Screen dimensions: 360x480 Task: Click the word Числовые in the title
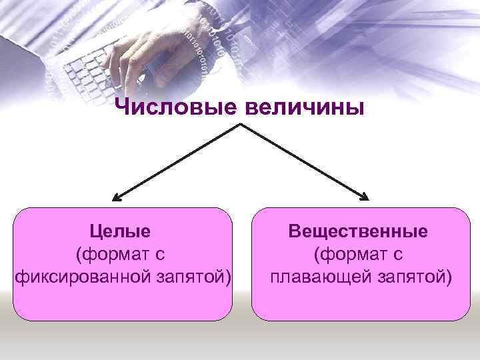173,107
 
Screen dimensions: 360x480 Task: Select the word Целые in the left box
121,231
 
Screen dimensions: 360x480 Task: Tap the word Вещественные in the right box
358,231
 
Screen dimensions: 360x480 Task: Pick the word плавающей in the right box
315,275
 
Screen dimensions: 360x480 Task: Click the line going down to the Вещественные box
303,161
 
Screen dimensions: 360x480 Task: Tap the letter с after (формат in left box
160,254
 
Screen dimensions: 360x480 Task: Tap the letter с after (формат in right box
399,254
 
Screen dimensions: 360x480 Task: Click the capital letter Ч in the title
121,107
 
